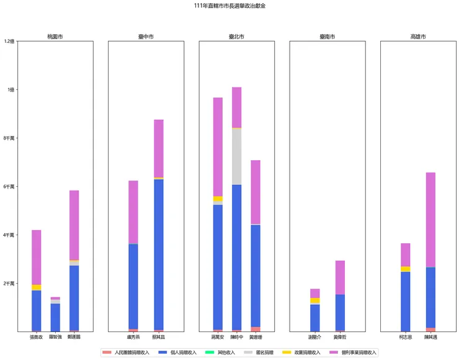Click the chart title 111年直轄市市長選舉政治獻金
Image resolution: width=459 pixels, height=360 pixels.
pyautogui.click(x=229, y=6)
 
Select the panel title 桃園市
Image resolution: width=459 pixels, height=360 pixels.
pyautogui.click(x=55, y=37)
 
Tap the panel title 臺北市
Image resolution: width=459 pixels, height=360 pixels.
pyautogui.click(x=236, y=37)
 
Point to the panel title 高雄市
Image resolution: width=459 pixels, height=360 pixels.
pyautogui.click(x=418, y=37)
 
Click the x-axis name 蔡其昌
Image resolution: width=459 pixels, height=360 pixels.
pyautogui.click(x=159, y=337)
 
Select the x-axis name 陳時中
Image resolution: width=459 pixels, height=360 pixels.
pyautogui.click(x=236, y=337)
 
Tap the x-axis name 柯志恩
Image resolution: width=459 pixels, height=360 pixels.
pyautogui.click(x=405, y=337)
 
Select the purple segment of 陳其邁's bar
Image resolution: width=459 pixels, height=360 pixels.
pyautogui.click(x=430, y=220)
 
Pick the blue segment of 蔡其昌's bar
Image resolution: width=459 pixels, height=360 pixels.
pyautogui.click(x=159, y=254)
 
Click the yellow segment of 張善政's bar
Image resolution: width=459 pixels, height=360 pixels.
pyautogui.click(x=37, y=287)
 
